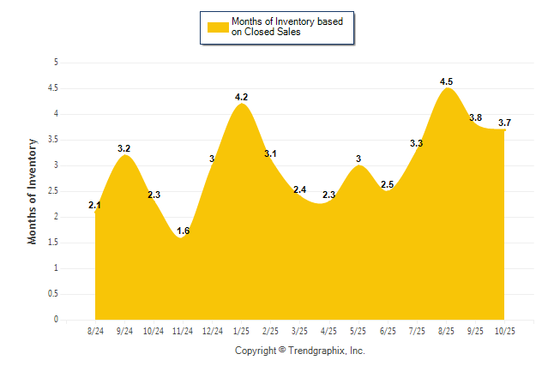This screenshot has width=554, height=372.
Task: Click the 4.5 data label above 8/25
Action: [446, 81]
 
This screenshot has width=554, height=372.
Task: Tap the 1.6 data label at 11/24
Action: [183, 231]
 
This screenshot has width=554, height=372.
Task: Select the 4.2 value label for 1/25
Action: [241, 98]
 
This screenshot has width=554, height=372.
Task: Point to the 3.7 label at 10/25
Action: [504, 123]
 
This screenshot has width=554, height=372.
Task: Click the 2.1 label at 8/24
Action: [95, 206]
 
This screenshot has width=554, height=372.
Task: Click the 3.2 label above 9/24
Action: [124, 148]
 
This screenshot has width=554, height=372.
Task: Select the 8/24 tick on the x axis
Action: [96, 330]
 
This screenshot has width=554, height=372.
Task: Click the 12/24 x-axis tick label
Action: [212, 330]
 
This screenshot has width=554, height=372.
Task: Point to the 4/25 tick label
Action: [328, 330]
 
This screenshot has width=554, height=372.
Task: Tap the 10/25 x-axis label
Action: [504, 330]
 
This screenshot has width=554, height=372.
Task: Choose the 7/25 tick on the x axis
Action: [417, 330]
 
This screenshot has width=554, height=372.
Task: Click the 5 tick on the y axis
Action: [56, 63]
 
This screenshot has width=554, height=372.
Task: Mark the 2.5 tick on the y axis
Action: [53, 191]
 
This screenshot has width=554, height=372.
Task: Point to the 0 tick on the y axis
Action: [56, 320]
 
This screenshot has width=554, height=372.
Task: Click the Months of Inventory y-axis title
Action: [33, 191]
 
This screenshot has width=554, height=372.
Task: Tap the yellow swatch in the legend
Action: [218, 27]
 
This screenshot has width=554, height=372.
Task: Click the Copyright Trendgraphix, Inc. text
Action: [300, 351]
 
